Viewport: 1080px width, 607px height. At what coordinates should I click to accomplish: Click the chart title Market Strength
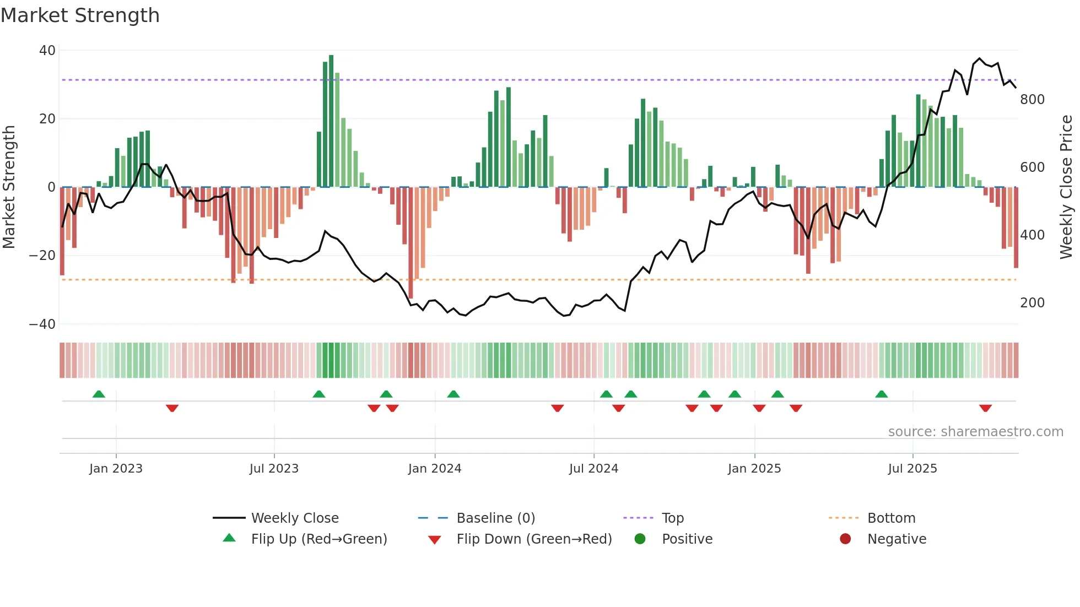click(80, 15)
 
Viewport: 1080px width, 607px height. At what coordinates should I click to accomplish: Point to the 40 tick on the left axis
click(47, 51)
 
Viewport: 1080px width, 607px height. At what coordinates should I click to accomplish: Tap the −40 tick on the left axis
click(42, 324)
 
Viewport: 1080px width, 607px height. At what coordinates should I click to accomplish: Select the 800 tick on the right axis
click(1032, 100)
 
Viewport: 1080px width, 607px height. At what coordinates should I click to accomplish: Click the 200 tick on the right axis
click(1032, 303)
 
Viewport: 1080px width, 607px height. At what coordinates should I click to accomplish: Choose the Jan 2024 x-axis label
click(434, 469)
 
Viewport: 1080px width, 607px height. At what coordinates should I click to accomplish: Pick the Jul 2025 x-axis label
click(912, 469)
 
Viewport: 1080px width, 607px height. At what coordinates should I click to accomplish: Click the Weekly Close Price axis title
click(1066, 187)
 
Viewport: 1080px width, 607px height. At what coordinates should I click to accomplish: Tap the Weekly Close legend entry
click(294, 518)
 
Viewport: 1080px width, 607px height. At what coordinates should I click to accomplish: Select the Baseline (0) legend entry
click(495, 518)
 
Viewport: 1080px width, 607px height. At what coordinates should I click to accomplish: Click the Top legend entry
click(672, 518)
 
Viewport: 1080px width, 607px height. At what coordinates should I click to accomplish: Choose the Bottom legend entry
click(891, 518)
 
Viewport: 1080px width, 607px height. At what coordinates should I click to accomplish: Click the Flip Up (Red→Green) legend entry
click(318, 539)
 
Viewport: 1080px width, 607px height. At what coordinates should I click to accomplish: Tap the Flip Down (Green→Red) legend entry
click(533, 539)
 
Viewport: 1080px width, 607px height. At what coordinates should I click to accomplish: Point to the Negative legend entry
click(897, 539)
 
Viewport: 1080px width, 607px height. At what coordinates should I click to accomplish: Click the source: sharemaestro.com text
click(975, 432)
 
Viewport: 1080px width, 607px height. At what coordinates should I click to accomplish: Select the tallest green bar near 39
click(331, 121)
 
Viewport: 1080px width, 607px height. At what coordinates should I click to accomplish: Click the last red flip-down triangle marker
click(985, 408)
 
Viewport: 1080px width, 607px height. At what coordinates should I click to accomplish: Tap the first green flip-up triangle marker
click(99, 394)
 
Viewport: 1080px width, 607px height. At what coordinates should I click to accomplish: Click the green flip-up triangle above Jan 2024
click(453, 394)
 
